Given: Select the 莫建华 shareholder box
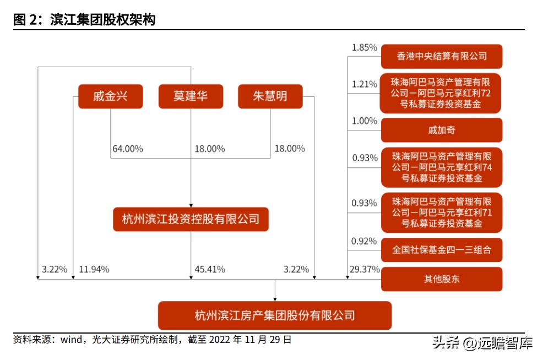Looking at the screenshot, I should click(x=191, y=96).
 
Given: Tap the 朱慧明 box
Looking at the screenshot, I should click(x=270, y=96).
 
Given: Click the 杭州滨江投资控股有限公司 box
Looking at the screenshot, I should click(x=191, y=219).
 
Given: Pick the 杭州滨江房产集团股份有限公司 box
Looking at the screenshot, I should click(x=275, y=315).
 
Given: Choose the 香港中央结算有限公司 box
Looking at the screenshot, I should click(x=442, y=56).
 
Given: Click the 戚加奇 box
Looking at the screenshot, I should click(x=442, y=130).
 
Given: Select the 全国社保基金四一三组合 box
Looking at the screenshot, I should click(x=442, y=250).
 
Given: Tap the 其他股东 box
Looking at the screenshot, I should click(x=442, y=279).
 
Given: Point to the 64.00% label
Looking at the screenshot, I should click(x=128, y=149).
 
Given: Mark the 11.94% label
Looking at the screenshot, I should click(x=94, y=270).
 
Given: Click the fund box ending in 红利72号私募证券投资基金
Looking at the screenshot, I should click(x=442, y=93).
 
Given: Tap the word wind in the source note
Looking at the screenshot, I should click(x=71, y=340).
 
